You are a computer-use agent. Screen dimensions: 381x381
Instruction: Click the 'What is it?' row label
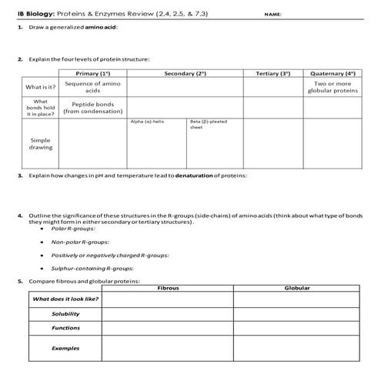[x=39, y=87]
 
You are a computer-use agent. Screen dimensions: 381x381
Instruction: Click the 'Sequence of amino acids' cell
[x=92, y=86]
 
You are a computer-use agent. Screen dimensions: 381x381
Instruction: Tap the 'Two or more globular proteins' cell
[x=334, y=86]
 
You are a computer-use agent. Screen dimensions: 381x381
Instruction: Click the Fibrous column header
[x=167, y=287]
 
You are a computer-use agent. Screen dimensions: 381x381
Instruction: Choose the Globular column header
[x=296, y=287]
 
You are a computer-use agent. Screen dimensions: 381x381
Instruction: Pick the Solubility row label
[x=65, y=313]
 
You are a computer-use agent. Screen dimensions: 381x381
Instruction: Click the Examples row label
[x=65, y=348]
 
